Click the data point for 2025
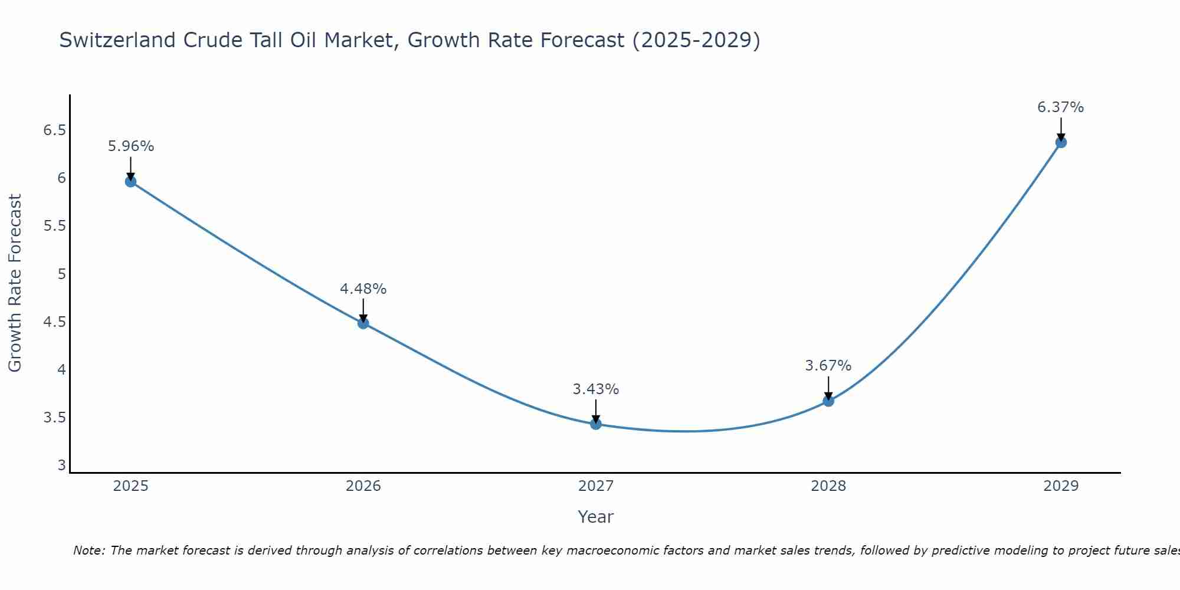pyautogui.click(x=130, y=181)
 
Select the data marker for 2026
pyautogui.click(x=363, y=323)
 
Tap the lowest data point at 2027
pyautogui.click(x=595, y=424)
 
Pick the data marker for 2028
pyautogui.click(x=828, y=401)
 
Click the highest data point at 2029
pyautogui.click(x=1060, y=142)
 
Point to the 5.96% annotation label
pyautogui.click(x=130, y=146)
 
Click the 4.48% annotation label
pyautogui.click(x=363, y=289)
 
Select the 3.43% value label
pyautogui.click(x=595, y=389)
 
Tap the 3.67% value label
pyautogui.click(x=828, y=366)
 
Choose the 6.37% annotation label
pyautogui.click(x=1060, y=107)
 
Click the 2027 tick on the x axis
pyautogui.click(x=595, y=486)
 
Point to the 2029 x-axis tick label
pyautogui.click(x=1060, y=486)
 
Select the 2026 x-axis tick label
pyautogui.click(x=363, y=486)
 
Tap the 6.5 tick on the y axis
pyautogui.click(x=54, y=130)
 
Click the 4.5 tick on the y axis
pyautogui.click(x=54, y=322)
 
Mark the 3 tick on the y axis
pyautogui.click(x=61, y=466)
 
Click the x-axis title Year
pyautogui.click(x=595, y=517)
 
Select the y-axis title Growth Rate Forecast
pyautogui.click(x=15, y=283)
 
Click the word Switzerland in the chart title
pyautogui.click(x=117, y=40)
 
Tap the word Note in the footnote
pyautogui.click(x=88, y=550)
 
